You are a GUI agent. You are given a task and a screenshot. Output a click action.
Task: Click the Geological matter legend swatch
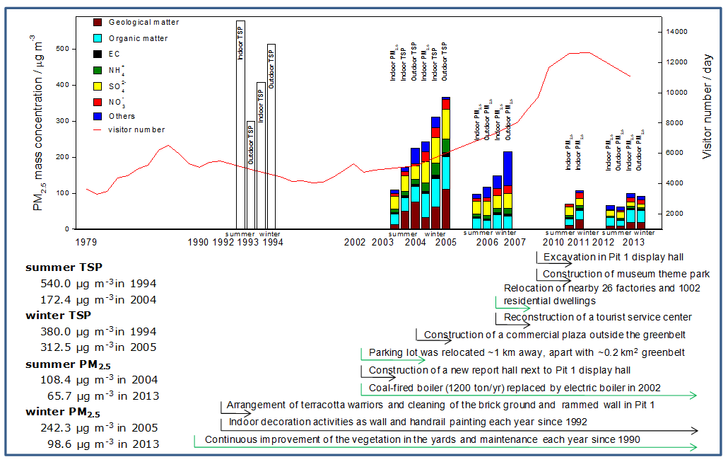point(98,23)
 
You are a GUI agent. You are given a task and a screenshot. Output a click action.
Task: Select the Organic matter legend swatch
point(98,38)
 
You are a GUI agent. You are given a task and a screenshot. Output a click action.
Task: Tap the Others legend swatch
point(98,116)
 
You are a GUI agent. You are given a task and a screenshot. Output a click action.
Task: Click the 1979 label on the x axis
point(86,242)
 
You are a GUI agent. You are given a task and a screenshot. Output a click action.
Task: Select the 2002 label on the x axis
point(355,242)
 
